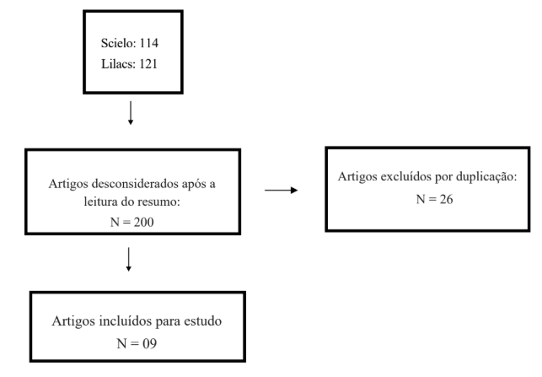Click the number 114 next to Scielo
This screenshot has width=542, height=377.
149,43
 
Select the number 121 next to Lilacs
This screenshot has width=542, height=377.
148,64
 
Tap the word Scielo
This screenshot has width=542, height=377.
118,43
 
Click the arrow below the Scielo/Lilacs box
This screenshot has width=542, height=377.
131,113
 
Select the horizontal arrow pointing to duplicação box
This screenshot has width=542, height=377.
281,190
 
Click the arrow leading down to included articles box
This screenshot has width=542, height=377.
129,260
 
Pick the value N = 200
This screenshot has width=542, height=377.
132,222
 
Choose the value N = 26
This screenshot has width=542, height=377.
434,199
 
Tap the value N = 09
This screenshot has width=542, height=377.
137,343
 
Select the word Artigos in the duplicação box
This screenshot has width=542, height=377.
357,177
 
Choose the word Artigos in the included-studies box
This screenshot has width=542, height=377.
73,321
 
